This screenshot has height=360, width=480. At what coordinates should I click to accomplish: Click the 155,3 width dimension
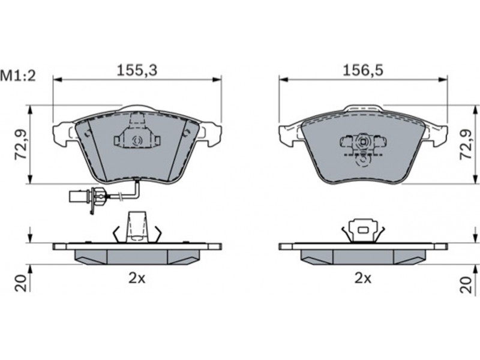pyautogui.click(x=137, y=70)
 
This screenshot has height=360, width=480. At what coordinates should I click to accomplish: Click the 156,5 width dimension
pyautogui.click(x=363, y=70)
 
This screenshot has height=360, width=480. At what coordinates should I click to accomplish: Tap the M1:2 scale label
pyautogui.click(x=18, y=76)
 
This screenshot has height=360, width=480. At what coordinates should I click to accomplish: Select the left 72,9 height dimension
pyautogui.click(x=21, y=145)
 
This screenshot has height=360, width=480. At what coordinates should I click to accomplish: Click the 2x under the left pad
pyautogui.click(x=137, y=278)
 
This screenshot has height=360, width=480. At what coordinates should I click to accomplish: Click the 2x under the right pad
pyautogui.click(x=363, y=278)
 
